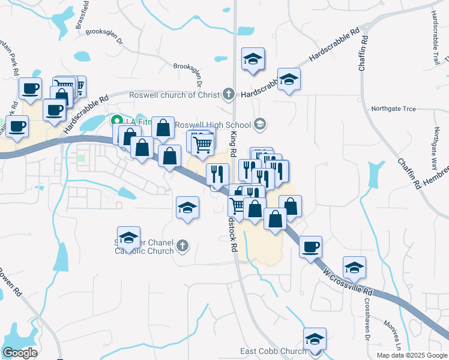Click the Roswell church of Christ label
pos(173,95)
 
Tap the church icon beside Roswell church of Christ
pos(228,94)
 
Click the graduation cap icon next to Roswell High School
pos(260,124)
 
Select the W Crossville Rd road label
pos(348,283)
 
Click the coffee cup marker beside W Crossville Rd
pos(310,247)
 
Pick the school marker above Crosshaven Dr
pos(354,268)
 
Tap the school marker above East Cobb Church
pos(315,339)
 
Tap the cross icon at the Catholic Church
pos(182,245)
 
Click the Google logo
pos(20,353)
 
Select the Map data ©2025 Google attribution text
pos(411,355)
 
